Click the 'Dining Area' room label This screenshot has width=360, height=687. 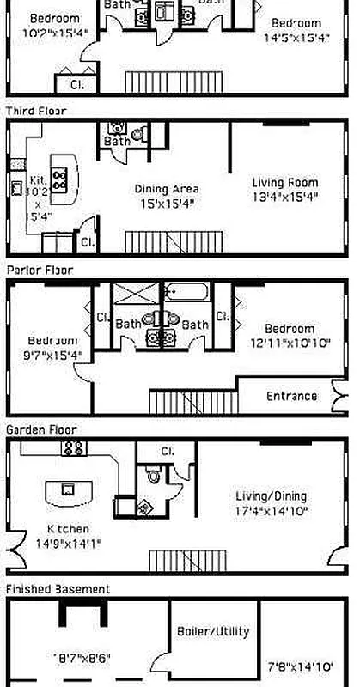tap(167, 189)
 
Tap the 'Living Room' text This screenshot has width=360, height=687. tap(284, 182)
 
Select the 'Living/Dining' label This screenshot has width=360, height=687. tap(271, 496)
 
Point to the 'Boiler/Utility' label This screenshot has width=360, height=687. tap(212, 631)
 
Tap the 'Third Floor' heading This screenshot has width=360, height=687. tap(35, 111)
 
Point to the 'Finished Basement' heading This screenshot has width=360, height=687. tap(58, 589)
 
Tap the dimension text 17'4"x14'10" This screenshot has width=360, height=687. tap(271, 511)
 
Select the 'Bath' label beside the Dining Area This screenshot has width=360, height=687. tap(118, 141)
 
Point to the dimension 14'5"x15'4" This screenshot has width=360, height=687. tap(297, 38)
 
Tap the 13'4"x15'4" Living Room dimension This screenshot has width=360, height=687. tap(284, 197)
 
